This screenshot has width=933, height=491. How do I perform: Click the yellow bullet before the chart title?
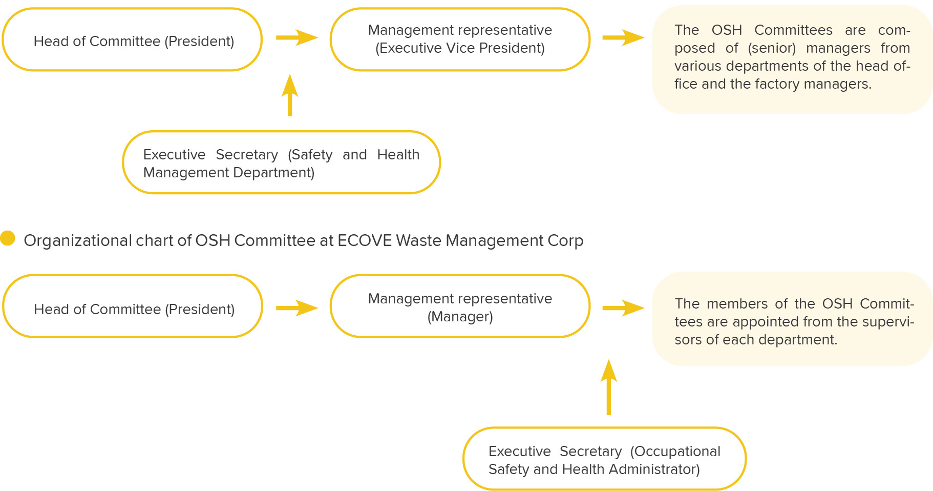pos(8,238)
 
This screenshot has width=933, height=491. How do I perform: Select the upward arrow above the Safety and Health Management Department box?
pos(290,95)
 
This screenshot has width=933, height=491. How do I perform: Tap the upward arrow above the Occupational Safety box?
pos(608,387)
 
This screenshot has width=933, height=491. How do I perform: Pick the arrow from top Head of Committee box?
pos(297,37)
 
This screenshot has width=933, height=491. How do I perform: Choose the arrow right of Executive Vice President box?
pos(623,37)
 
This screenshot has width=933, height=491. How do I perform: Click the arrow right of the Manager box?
pos(623,308)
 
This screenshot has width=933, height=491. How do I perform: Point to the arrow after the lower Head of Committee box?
pos(297,308)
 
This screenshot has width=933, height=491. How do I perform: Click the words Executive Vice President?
pos(460,48)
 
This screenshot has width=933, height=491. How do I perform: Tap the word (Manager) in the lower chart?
pos(460,317)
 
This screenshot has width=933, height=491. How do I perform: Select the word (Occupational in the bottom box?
pos(675,452)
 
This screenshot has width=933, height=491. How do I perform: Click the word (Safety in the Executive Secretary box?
pos(310,155)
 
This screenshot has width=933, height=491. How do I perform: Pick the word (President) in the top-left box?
pos(199,42)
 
